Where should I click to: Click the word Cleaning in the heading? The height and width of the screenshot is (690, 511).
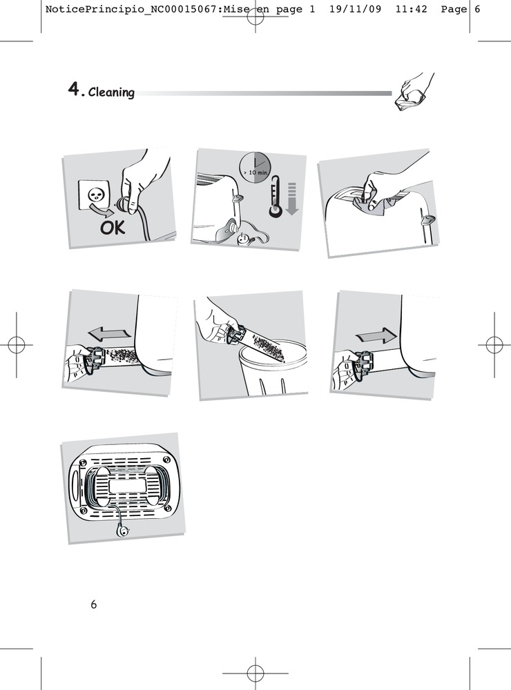[x=111, y=92]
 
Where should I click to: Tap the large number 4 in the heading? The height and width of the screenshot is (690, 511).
[x=74, y=89]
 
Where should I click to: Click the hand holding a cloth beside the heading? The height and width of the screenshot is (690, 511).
[x=414, y=92]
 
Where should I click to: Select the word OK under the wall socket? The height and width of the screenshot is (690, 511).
[x=113, y=228]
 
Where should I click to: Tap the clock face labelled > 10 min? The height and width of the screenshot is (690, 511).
[x=255, y=169]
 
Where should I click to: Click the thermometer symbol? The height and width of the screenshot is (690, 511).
[x=276, y=196]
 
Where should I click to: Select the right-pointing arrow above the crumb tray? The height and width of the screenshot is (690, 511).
[x=376, y=336]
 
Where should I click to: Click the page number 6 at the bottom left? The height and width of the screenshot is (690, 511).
[x=93, y=604]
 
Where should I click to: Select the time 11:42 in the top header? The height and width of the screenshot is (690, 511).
[x=411, y=9]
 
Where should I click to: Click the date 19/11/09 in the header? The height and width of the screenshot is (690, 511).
[x=355, y=9]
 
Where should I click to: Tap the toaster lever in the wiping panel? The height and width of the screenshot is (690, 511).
[x=427, y=219]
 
